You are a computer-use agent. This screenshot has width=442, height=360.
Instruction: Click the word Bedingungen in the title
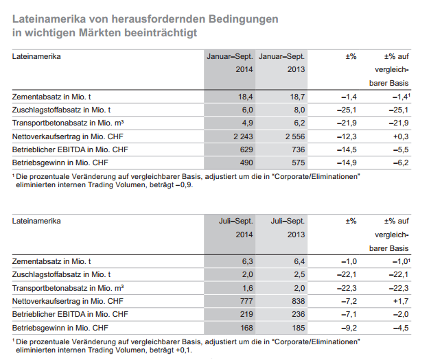pos(243,19)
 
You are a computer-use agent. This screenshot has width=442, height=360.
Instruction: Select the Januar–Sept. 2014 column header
pos(230,63)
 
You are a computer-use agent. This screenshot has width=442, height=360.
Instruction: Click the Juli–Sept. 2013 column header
pos(288,228)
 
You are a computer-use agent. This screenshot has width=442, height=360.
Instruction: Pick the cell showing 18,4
pos(246,97)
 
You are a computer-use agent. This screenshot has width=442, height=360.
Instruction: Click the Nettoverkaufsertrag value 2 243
pos(243,136)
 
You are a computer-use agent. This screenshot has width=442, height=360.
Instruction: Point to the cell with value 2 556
pos(295,136)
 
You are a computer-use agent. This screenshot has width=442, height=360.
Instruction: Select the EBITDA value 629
pos(246,149)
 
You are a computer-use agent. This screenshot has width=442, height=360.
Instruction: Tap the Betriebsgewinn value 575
pos(299,163)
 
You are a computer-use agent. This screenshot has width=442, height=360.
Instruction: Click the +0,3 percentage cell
pos(401,136)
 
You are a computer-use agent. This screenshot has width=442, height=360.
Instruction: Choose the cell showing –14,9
pos(347,163)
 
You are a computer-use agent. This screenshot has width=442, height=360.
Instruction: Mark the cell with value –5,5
pos(401,149)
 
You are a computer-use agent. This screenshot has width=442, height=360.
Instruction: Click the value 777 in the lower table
pos(246,301)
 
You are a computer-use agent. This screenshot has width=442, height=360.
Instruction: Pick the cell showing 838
pos(299,301)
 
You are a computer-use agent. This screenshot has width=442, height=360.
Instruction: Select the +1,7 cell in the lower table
pos(401,301)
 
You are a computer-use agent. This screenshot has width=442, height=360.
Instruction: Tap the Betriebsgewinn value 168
pos(246,328)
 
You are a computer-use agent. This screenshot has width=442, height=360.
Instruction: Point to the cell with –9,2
pos(349,328)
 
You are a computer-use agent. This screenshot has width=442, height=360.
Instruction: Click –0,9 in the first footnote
pos(185,185)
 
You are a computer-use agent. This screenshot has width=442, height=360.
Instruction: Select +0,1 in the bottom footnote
pos(184,350)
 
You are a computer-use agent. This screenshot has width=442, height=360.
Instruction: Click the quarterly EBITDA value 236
pos(299,314)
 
